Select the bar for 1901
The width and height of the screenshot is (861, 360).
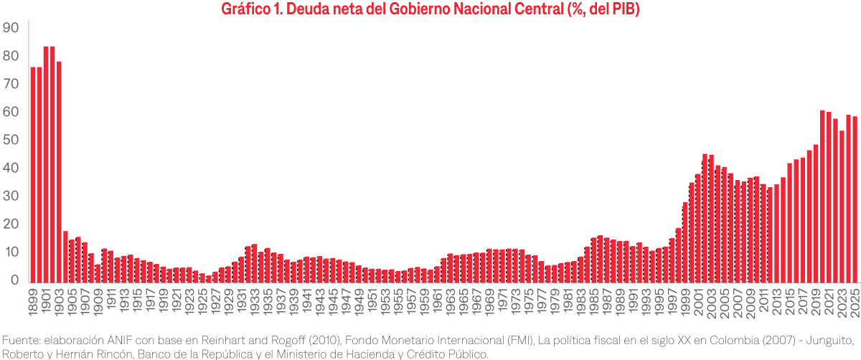point(46,164)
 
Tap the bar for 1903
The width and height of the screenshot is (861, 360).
point(59,172)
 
